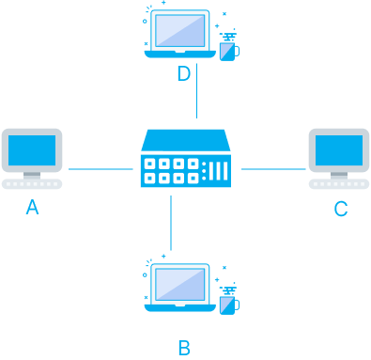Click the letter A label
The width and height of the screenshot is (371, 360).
[x=32, y=209]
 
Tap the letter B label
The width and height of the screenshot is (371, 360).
[x=184, y=348]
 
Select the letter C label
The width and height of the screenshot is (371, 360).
[x=341, y=209]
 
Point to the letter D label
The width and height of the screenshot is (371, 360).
[x=184, y=73]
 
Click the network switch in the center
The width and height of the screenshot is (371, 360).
[x=185, y=160]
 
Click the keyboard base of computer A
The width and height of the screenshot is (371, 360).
[x=32, y=184]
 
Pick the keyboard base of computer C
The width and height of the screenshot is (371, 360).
[x=338, y=184]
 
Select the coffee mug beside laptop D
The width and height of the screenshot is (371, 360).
[x=226, y=50]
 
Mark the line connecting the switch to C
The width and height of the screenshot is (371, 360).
[x=273, y=170]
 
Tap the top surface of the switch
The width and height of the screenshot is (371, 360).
[x=185, y=140]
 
